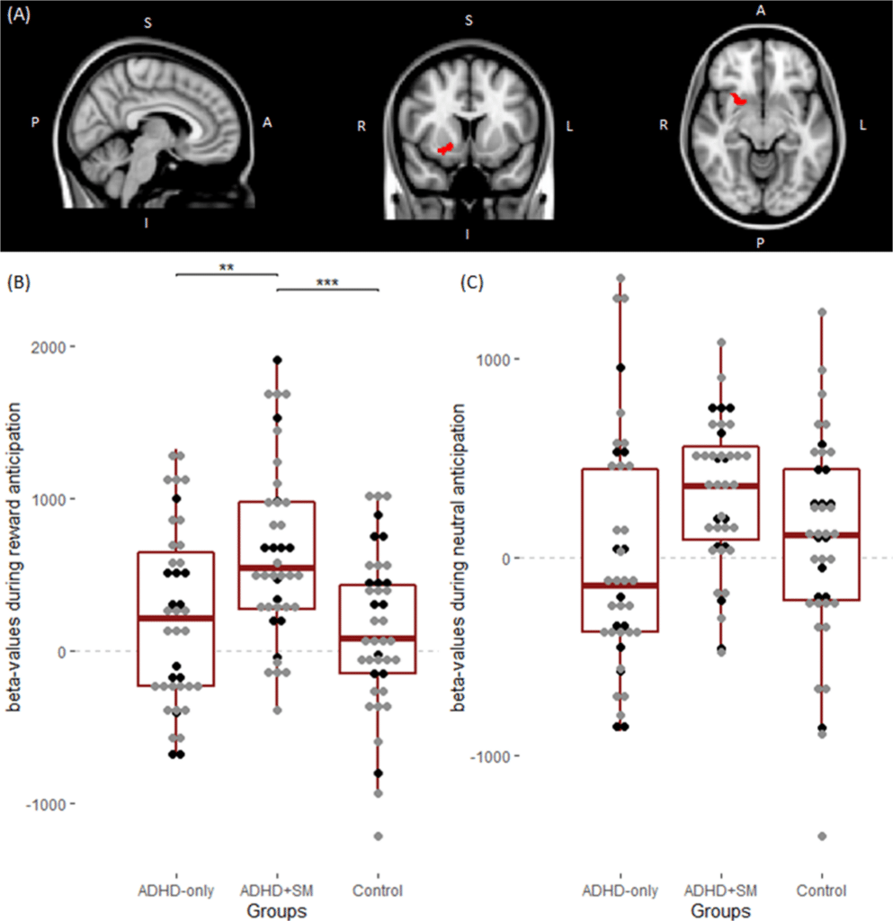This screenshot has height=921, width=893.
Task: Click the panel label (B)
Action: [19, 282]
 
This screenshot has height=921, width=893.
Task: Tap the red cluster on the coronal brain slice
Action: [444, 149]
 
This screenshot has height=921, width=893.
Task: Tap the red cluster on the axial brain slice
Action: [738, 99]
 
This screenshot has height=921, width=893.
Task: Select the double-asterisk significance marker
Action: [226, 266]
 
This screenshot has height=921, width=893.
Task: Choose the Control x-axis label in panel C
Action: [821, 891]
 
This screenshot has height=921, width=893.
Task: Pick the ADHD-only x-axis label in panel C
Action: [620, 891]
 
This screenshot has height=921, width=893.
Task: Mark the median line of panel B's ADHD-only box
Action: [175, 618]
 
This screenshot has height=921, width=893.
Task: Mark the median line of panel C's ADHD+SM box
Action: [720, 486]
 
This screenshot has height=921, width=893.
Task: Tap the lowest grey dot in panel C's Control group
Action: [821, 836]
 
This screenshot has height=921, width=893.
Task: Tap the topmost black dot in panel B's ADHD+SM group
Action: [278, 360]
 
